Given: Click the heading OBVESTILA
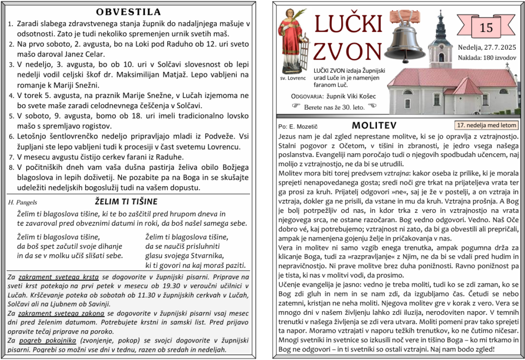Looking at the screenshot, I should point(128,12).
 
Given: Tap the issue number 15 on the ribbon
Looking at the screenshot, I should point(486,28).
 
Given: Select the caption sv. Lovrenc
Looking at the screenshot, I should point(293,78).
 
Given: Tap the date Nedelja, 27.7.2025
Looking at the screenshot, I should point(486,47).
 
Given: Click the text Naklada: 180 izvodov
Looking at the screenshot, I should point(487,57).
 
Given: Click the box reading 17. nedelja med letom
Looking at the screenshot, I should point(487,125).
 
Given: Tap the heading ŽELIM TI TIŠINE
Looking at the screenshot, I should point(126,202).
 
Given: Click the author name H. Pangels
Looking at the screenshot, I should point(23,203).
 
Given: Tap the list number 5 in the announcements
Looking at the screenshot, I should point(11,116).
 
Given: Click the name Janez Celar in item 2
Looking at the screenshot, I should point(85,54).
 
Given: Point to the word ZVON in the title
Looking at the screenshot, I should point(347,50).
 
